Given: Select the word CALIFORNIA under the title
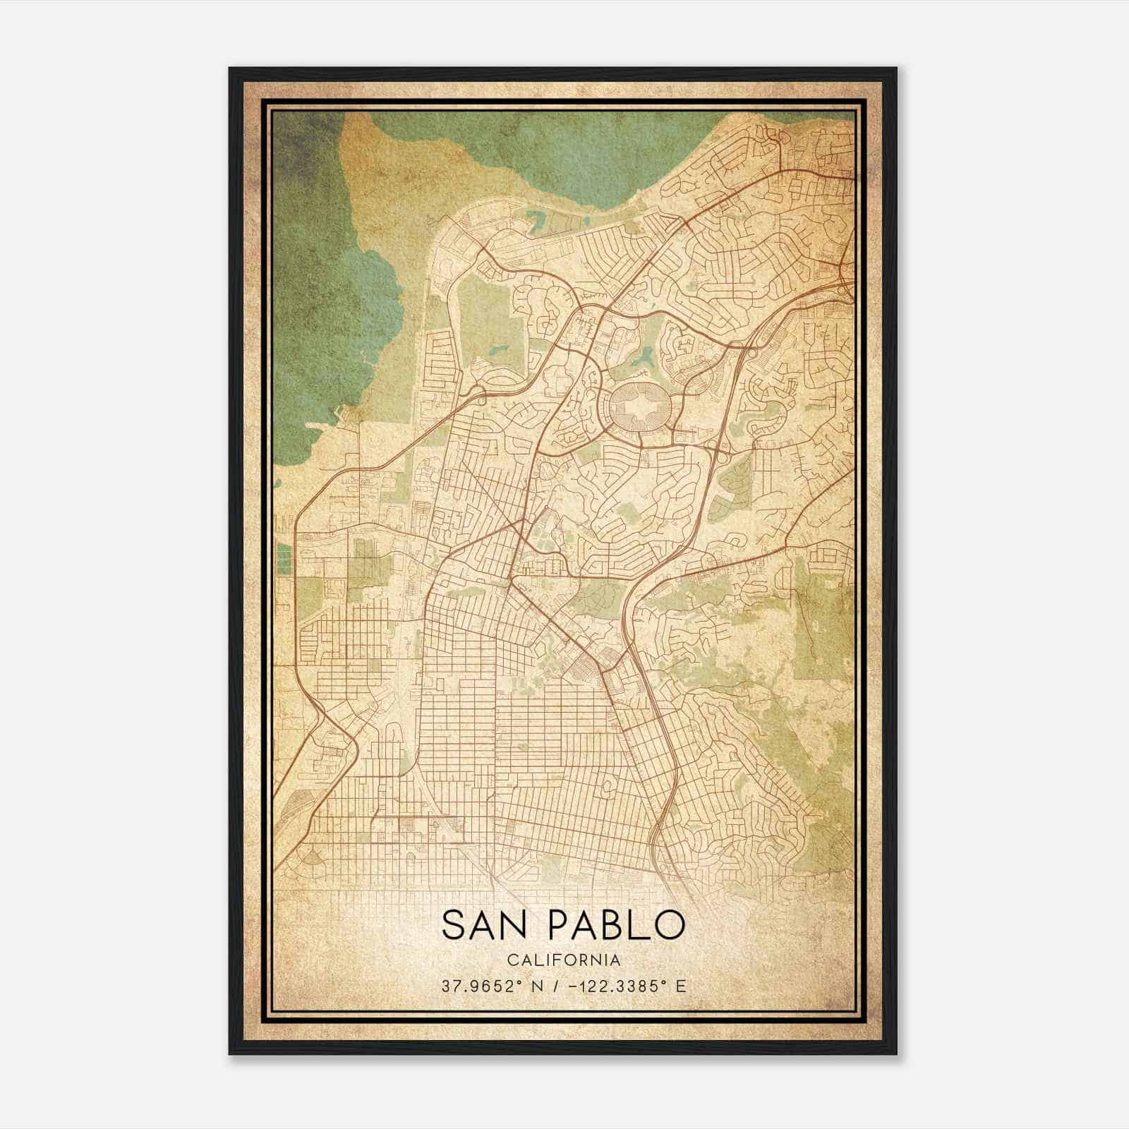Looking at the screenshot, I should pyautogui.click(x=563, y=960).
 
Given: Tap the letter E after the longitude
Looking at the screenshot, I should pyautogui.click(x=680, y=986).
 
